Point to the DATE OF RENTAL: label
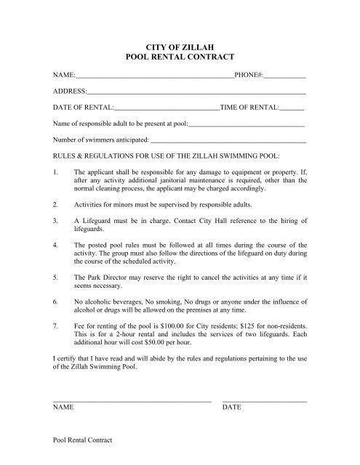(x=83, y=108)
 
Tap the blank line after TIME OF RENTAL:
(x=292, y=108)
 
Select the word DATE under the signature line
(x=231, y=408)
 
